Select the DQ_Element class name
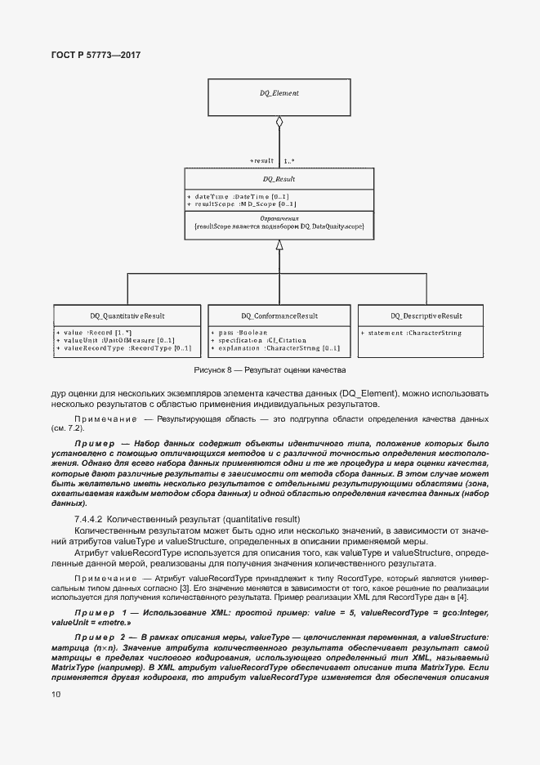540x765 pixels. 279,93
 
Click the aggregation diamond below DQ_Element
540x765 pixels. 279,123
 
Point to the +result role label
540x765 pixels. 262,161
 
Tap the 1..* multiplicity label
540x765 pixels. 289,161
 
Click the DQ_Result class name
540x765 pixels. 279,178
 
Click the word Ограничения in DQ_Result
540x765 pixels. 279,218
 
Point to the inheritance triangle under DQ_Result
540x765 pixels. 279,244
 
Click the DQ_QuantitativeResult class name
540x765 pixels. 127,315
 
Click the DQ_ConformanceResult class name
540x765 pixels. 279,315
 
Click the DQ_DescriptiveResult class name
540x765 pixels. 426,315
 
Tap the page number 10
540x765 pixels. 55,696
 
